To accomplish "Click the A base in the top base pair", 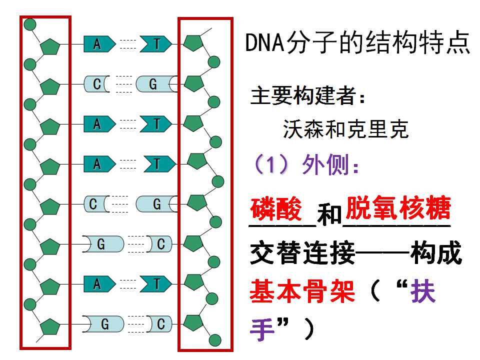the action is (x=99, y=44).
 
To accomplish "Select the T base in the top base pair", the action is (x=156, y=44).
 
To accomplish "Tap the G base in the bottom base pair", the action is (x=103, y=324).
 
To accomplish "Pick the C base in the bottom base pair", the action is (x=159, y=324).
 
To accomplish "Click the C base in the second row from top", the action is (x=96, y=84).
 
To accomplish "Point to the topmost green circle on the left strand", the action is (x=29, y=24).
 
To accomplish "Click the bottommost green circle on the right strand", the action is (x=215, y=340).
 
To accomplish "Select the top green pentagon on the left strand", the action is (x=50, y=47).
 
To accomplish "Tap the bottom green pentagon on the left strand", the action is (x=50, y=326).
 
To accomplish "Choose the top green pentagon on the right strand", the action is (x=193, y=43).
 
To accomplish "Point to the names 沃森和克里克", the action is (x=345, y=129).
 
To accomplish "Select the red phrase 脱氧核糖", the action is (x=398, y=207).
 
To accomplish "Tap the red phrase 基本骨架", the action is (x=302, y=291).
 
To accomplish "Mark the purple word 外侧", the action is (x=325, y=164).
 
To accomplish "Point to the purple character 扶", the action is (x=423, y=291).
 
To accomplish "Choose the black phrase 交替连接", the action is (x=302, y=252).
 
